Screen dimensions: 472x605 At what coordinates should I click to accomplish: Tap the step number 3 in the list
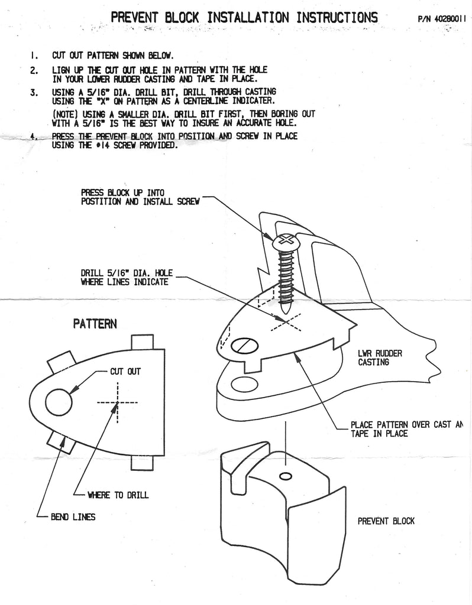tap(34, 93)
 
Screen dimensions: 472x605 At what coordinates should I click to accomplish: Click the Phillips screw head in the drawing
tap(285, 241)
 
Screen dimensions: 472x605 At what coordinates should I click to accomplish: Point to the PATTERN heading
tap(95, 323)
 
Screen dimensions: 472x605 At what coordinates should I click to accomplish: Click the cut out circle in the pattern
tap(59, 402)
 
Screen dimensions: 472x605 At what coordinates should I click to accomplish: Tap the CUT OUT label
tap(125, 371)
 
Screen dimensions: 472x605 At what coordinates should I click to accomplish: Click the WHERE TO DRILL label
tap(118, 495)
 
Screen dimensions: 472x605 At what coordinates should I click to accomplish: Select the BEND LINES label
tap(73, 516)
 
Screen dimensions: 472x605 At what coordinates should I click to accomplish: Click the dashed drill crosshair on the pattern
tap(118, 402)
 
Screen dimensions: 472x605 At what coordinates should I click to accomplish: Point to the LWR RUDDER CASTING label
tap(380, 357)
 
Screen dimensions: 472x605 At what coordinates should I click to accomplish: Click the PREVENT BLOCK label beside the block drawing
tap(386, 521)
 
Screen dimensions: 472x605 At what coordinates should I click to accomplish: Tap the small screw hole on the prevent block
tap(286, 477)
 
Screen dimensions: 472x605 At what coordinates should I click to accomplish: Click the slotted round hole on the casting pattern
tap(244, 345)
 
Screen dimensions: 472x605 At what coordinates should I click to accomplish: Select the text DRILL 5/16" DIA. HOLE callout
tap(127, 274)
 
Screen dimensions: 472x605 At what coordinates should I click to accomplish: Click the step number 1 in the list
tap(34, 56)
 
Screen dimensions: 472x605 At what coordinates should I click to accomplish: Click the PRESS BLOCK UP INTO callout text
tap(122, 193)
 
